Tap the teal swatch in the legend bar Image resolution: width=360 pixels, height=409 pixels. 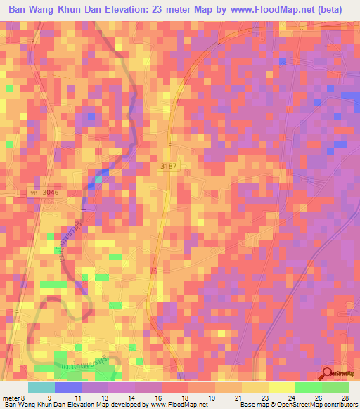41,387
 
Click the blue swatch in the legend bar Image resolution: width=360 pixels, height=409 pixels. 68,387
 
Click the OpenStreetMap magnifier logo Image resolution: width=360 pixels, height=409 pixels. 328,372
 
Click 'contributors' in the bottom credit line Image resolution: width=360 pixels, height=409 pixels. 339,405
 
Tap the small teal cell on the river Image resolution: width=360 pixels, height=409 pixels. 98,181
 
